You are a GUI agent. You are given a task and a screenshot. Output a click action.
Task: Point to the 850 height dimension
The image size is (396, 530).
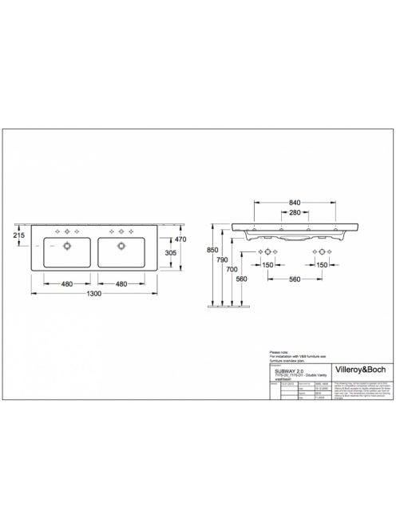pyautogui.click(x=212, y=249)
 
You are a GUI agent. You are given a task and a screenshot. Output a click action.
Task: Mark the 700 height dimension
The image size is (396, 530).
pyautogui.click(x=232, y=271)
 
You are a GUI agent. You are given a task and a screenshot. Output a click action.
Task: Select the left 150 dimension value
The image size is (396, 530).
pyautogui.click(x=268, y=264)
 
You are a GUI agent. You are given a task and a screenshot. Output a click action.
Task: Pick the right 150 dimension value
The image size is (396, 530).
pyautogui.click(x=322, y=264)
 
